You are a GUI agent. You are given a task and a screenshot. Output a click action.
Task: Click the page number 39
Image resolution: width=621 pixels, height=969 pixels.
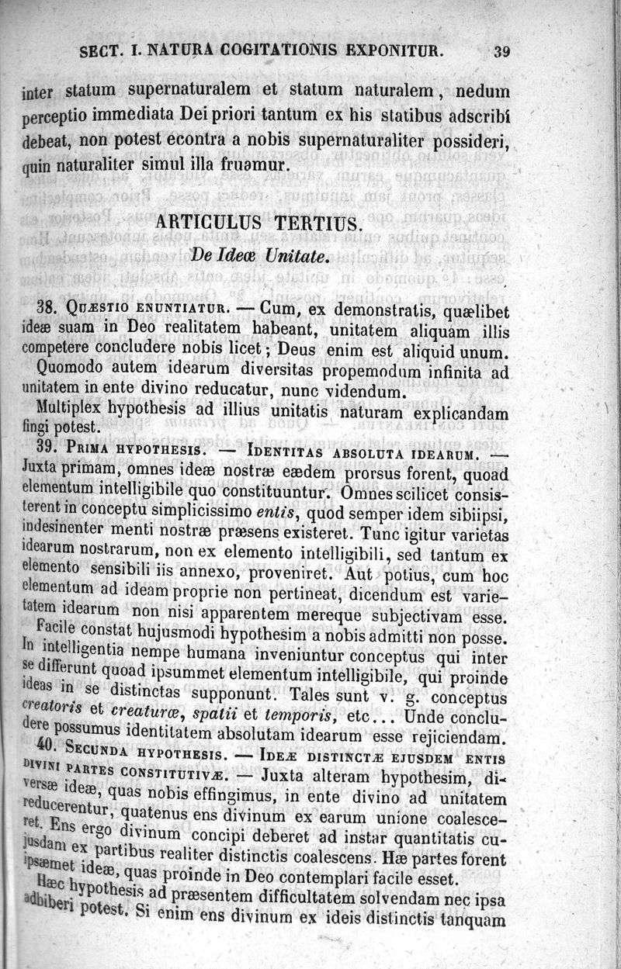click(x=501, y=52)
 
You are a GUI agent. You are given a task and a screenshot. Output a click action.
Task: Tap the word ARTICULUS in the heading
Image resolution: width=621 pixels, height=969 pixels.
click(x=210, y=223)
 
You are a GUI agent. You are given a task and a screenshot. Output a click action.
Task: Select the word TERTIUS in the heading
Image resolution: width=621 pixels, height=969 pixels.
click(x=319, y=223)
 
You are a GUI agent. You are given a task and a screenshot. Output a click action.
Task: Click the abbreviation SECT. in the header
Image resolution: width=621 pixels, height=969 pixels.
click(x=99, y=52)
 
